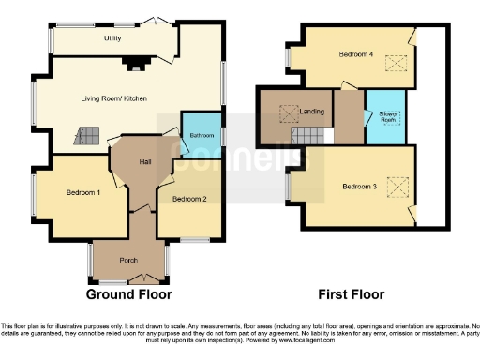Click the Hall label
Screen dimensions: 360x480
pos(145,162)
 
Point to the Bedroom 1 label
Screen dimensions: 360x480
pos(83,193)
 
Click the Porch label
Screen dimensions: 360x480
pos(129,260)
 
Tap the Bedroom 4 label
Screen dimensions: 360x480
pos(357,54)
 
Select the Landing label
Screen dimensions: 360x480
pos(312,112)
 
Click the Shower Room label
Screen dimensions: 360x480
pos(388,117)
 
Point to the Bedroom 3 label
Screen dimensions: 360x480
pos(359,187)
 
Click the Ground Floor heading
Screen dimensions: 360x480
pos(129,294)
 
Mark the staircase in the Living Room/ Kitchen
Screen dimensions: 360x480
pos(86,136)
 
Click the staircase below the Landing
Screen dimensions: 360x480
pos(311,137)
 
